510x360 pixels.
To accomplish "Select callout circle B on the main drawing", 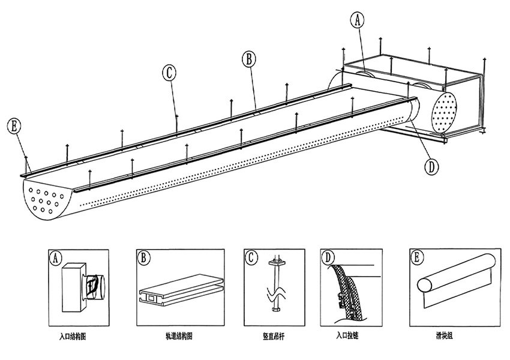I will tap(248, 59).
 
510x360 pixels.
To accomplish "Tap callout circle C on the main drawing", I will tap(169, 73).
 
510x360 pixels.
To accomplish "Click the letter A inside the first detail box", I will tap(56, 259).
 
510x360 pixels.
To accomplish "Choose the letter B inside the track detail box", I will tap(143, 259).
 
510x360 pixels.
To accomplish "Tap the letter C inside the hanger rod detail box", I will tap(251, 259).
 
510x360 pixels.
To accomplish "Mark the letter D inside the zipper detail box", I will tap(328, 259).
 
